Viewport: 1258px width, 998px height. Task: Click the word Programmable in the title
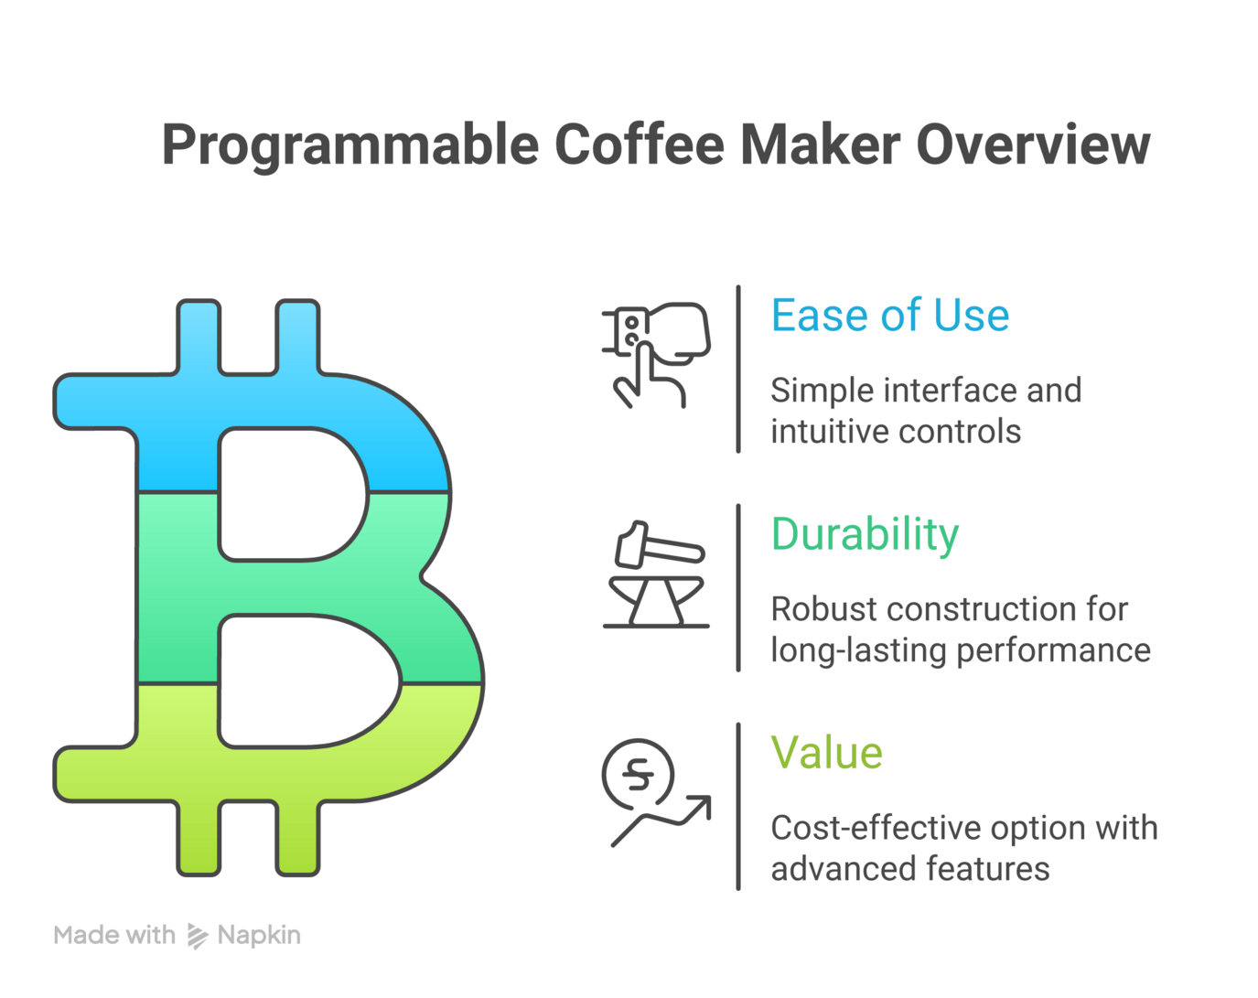coord(350,145)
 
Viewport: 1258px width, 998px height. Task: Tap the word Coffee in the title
coord(639,145)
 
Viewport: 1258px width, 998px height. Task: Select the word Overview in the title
coord(1033,145)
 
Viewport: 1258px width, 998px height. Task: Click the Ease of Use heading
coord(889,316)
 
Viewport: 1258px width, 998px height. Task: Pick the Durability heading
coord(865,534)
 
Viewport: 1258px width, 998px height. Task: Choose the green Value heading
coord(826,753)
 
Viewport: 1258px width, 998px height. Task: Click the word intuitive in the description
coord(831,432)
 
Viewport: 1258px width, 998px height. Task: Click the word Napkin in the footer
coord(259,936)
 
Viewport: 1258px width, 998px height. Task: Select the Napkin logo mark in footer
coord(197,936)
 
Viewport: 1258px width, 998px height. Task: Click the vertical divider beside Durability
coord(738,587)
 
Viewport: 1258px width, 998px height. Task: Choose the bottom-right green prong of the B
coord(297,837)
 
